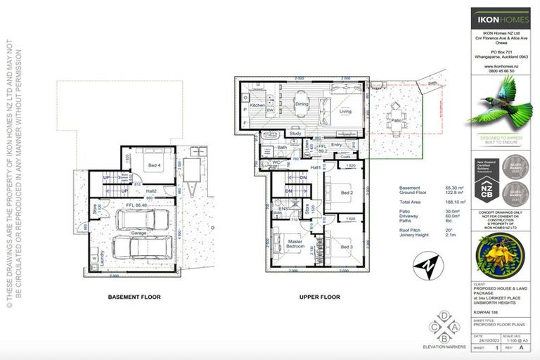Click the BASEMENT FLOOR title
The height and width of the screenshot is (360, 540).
pyautogui.click(x=134, y=297)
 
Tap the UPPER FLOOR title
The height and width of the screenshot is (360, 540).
pyautogui.click(x=319, y=297)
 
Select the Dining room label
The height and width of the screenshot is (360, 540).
pyautogui.click(x=302, y=105)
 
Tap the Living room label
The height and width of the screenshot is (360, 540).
pyautogui.click(x=345, y=111)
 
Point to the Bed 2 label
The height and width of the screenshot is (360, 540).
pyautogui.click(x=346, y=193)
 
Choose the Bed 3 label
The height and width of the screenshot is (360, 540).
pyautogui.click(x=346, y=247)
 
